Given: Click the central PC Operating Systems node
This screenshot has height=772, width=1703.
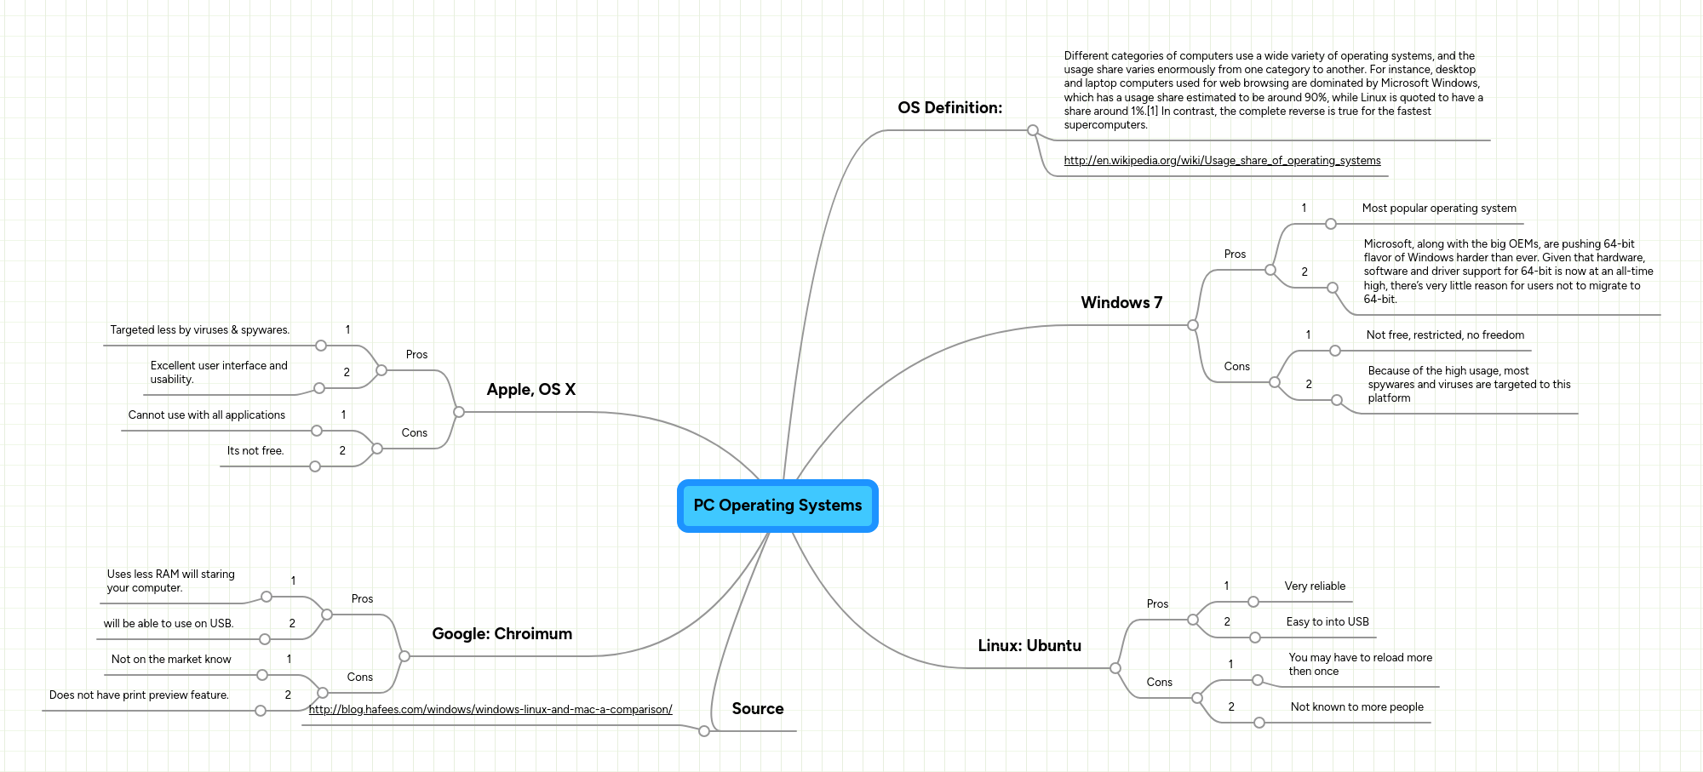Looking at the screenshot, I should [x=777, y=506].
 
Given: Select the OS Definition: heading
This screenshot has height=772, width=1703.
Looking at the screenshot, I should [x=949, y=108].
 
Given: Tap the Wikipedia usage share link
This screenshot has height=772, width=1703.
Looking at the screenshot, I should [x=1222, y=161].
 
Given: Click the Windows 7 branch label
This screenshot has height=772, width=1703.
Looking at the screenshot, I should [x=1121, y=303].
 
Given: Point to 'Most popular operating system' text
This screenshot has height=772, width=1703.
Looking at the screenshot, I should [x=1438, y=209].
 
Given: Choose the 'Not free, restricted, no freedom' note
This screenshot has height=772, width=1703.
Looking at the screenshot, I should [x=1445, y=335].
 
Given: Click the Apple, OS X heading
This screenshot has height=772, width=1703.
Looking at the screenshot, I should [x=530, y=390].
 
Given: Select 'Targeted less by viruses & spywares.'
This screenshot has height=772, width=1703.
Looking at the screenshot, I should [x=199, y=330].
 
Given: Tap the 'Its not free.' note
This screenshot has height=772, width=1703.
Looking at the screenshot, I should [x=255, y=451].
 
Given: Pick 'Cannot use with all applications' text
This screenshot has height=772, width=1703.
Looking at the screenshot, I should [x=206, y=415].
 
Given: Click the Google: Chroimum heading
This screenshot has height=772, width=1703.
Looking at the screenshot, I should [x=502, y=634].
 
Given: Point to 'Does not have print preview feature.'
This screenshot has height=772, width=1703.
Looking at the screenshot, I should [x=139, y=695].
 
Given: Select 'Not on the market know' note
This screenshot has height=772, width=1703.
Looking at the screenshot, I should [x=170, y=660].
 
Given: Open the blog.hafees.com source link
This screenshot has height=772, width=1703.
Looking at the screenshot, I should [x=490, y=710].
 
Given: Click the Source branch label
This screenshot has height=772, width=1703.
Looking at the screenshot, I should [x=757, y=709].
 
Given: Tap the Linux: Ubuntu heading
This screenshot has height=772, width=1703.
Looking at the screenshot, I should [x=1029, y=646].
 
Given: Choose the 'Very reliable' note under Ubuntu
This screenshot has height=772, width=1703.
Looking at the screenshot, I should [x=1315, y=586].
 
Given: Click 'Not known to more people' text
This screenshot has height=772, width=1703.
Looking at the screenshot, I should [x=1356, y=707].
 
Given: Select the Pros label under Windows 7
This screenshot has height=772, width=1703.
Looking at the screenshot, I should [x=1235, y=254].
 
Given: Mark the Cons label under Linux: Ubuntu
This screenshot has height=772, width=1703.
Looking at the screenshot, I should [x=1159, y=683].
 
